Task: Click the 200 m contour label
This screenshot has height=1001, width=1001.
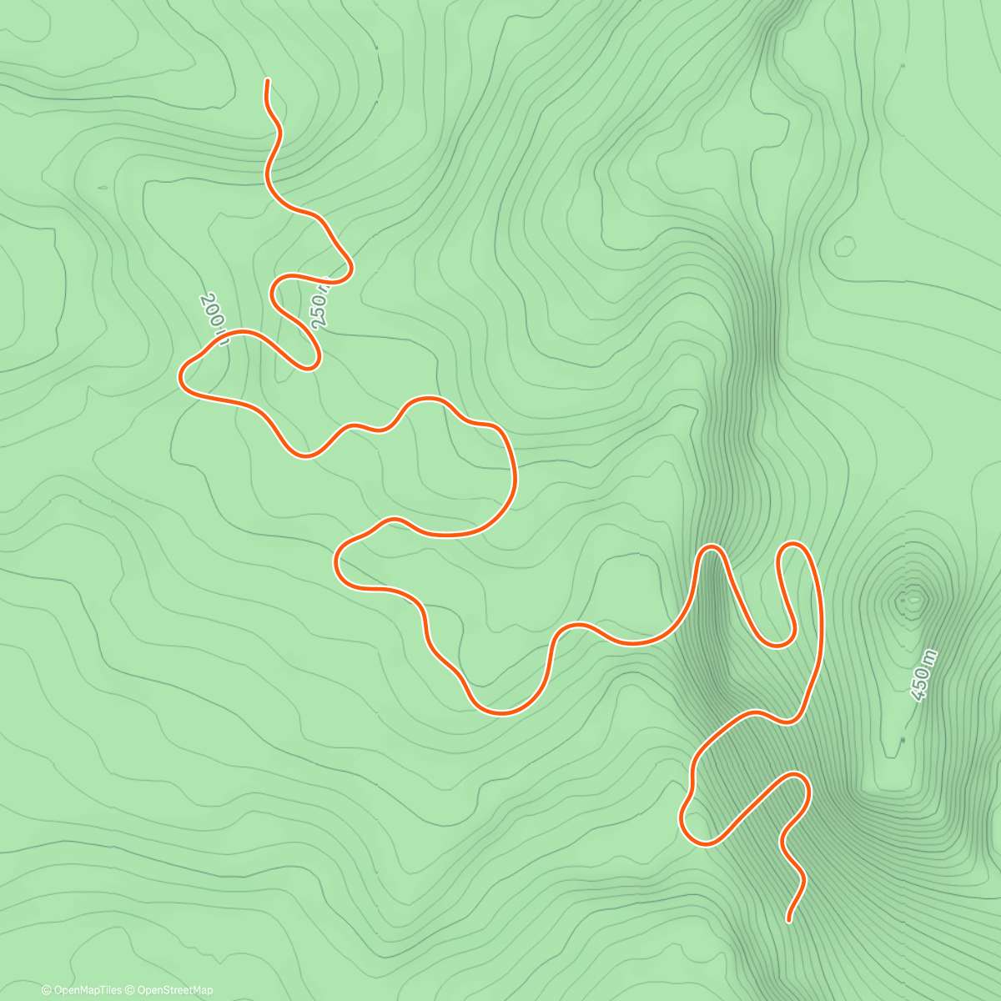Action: (x=214, y=318)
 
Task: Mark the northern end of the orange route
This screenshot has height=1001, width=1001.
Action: (x=267, y=80)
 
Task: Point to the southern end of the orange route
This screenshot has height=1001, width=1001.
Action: (x=789, y=921)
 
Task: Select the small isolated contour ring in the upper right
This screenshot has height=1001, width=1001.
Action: (x=845, y=247)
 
